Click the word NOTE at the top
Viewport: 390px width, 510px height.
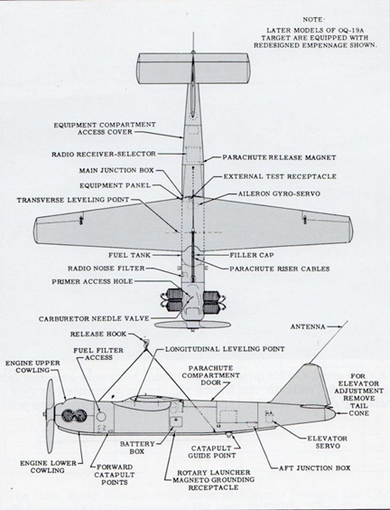[x=313, y=20]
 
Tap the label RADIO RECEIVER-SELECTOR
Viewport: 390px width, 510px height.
[x=104, y=154]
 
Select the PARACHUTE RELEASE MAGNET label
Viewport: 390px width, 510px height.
[x=279, y=157]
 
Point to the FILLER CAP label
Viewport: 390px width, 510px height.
[x=252, y=255]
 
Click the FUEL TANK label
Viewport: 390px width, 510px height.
[x=130, y=255]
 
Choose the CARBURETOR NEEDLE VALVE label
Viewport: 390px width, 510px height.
[x=94, y=318]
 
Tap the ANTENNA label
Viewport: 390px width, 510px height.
[x=308, y=326]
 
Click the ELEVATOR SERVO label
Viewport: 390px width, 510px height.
[x=328, y=442]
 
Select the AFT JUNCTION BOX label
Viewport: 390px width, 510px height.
[x=315, y=468]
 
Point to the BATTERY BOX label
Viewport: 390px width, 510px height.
[x=137, y=448]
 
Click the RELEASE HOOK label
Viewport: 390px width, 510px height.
[x=98, y=334]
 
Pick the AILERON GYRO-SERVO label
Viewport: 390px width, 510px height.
[x=279, y=194]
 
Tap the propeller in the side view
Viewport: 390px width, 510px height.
[x=50, y=416]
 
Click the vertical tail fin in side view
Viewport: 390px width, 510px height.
[x=305, y=386]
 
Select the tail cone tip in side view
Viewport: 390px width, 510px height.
[x=334, y=414]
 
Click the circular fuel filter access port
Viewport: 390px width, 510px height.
[x=101, y=416]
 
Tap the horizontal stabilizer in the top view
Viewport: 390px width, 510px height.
[x=193, y=69]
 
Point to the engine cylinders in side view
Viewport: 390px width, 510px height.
[x=74, y=415]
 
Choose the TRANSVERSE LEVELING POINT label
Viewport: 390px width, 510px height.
[x=73, y=200]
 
